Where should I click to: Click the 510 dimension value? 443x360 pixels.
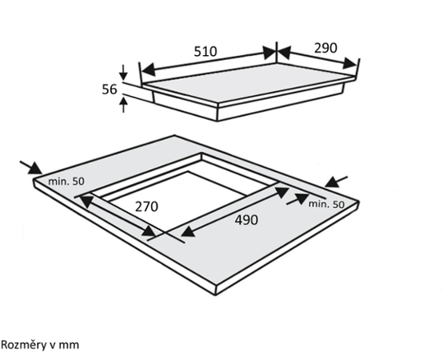pyautogui.click(x=206, y=51)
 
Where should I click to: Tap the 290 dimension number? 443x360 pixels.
pyautogui.click(x=325, y=48)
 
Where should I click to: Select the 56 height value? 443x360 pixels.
pyautogui.click(x=110, y=90)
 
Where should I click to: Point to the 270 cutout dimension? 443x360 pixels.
pyautogui.click(x=146, y=206)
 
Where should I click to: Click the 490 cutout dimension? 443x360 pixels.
pyautogui.click(x=246, y=220)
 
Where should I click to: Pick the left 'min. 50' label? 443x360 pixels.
pyautogui.click(x=66, y=181)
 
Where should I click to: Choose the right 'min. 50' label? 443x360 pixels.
pyautogui.click(x=326, y=204)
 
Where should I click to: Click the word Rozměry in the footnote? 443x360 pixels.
pyautogui.click(x=23, y=346)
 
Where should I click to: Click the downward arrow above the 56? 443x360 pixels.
pyautogui.click(x=123, y=73)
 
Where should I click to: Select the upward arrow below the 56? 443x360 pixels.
pyautogui.click(x=123, y=105)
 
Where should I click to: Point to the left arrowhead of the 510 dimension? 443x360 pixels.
pyautogui.click(x=148, y=70)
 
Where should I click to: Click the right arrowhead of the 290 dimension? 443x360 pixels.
pyautogui.click(x=350, y=63)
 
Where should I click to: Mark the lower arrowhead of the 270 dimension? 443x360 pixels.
pyautogui.click(x=150, y=231)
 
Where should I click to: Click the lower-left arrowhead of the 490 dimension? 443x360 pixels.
pyautogui.click(x=188, y=232)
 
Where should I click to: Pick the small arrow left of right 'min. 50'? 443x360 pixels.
pyautogui.click(x=297, y=199)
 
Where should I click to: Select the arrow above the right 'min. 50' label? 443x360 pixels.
pyautogui.click(x=336, y=182)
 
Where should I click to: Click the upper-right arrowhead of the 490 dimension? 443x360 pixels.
pyautogui.click(x=281, y=192)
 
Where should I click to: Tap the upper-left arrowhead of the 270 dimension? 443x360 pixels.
pyautogui.click(x=86, y=201)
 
